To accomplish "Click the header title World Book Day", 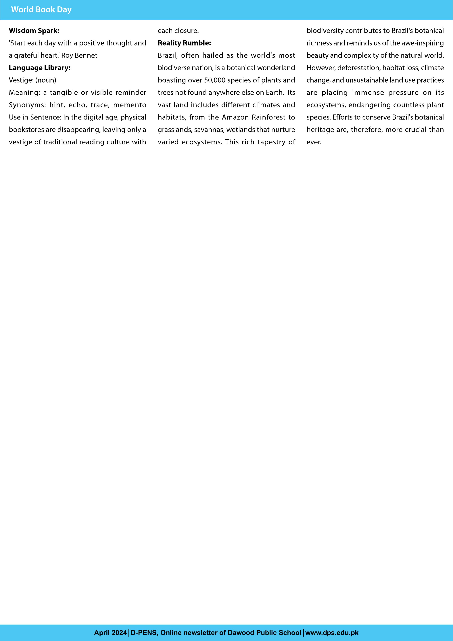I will tap(41, 10).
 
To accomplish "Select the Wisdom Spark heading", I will tap(34, 31).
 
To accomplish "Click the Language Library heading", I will tap(40, 68).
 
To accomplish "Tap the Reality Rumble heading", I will tap(184, 43).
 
